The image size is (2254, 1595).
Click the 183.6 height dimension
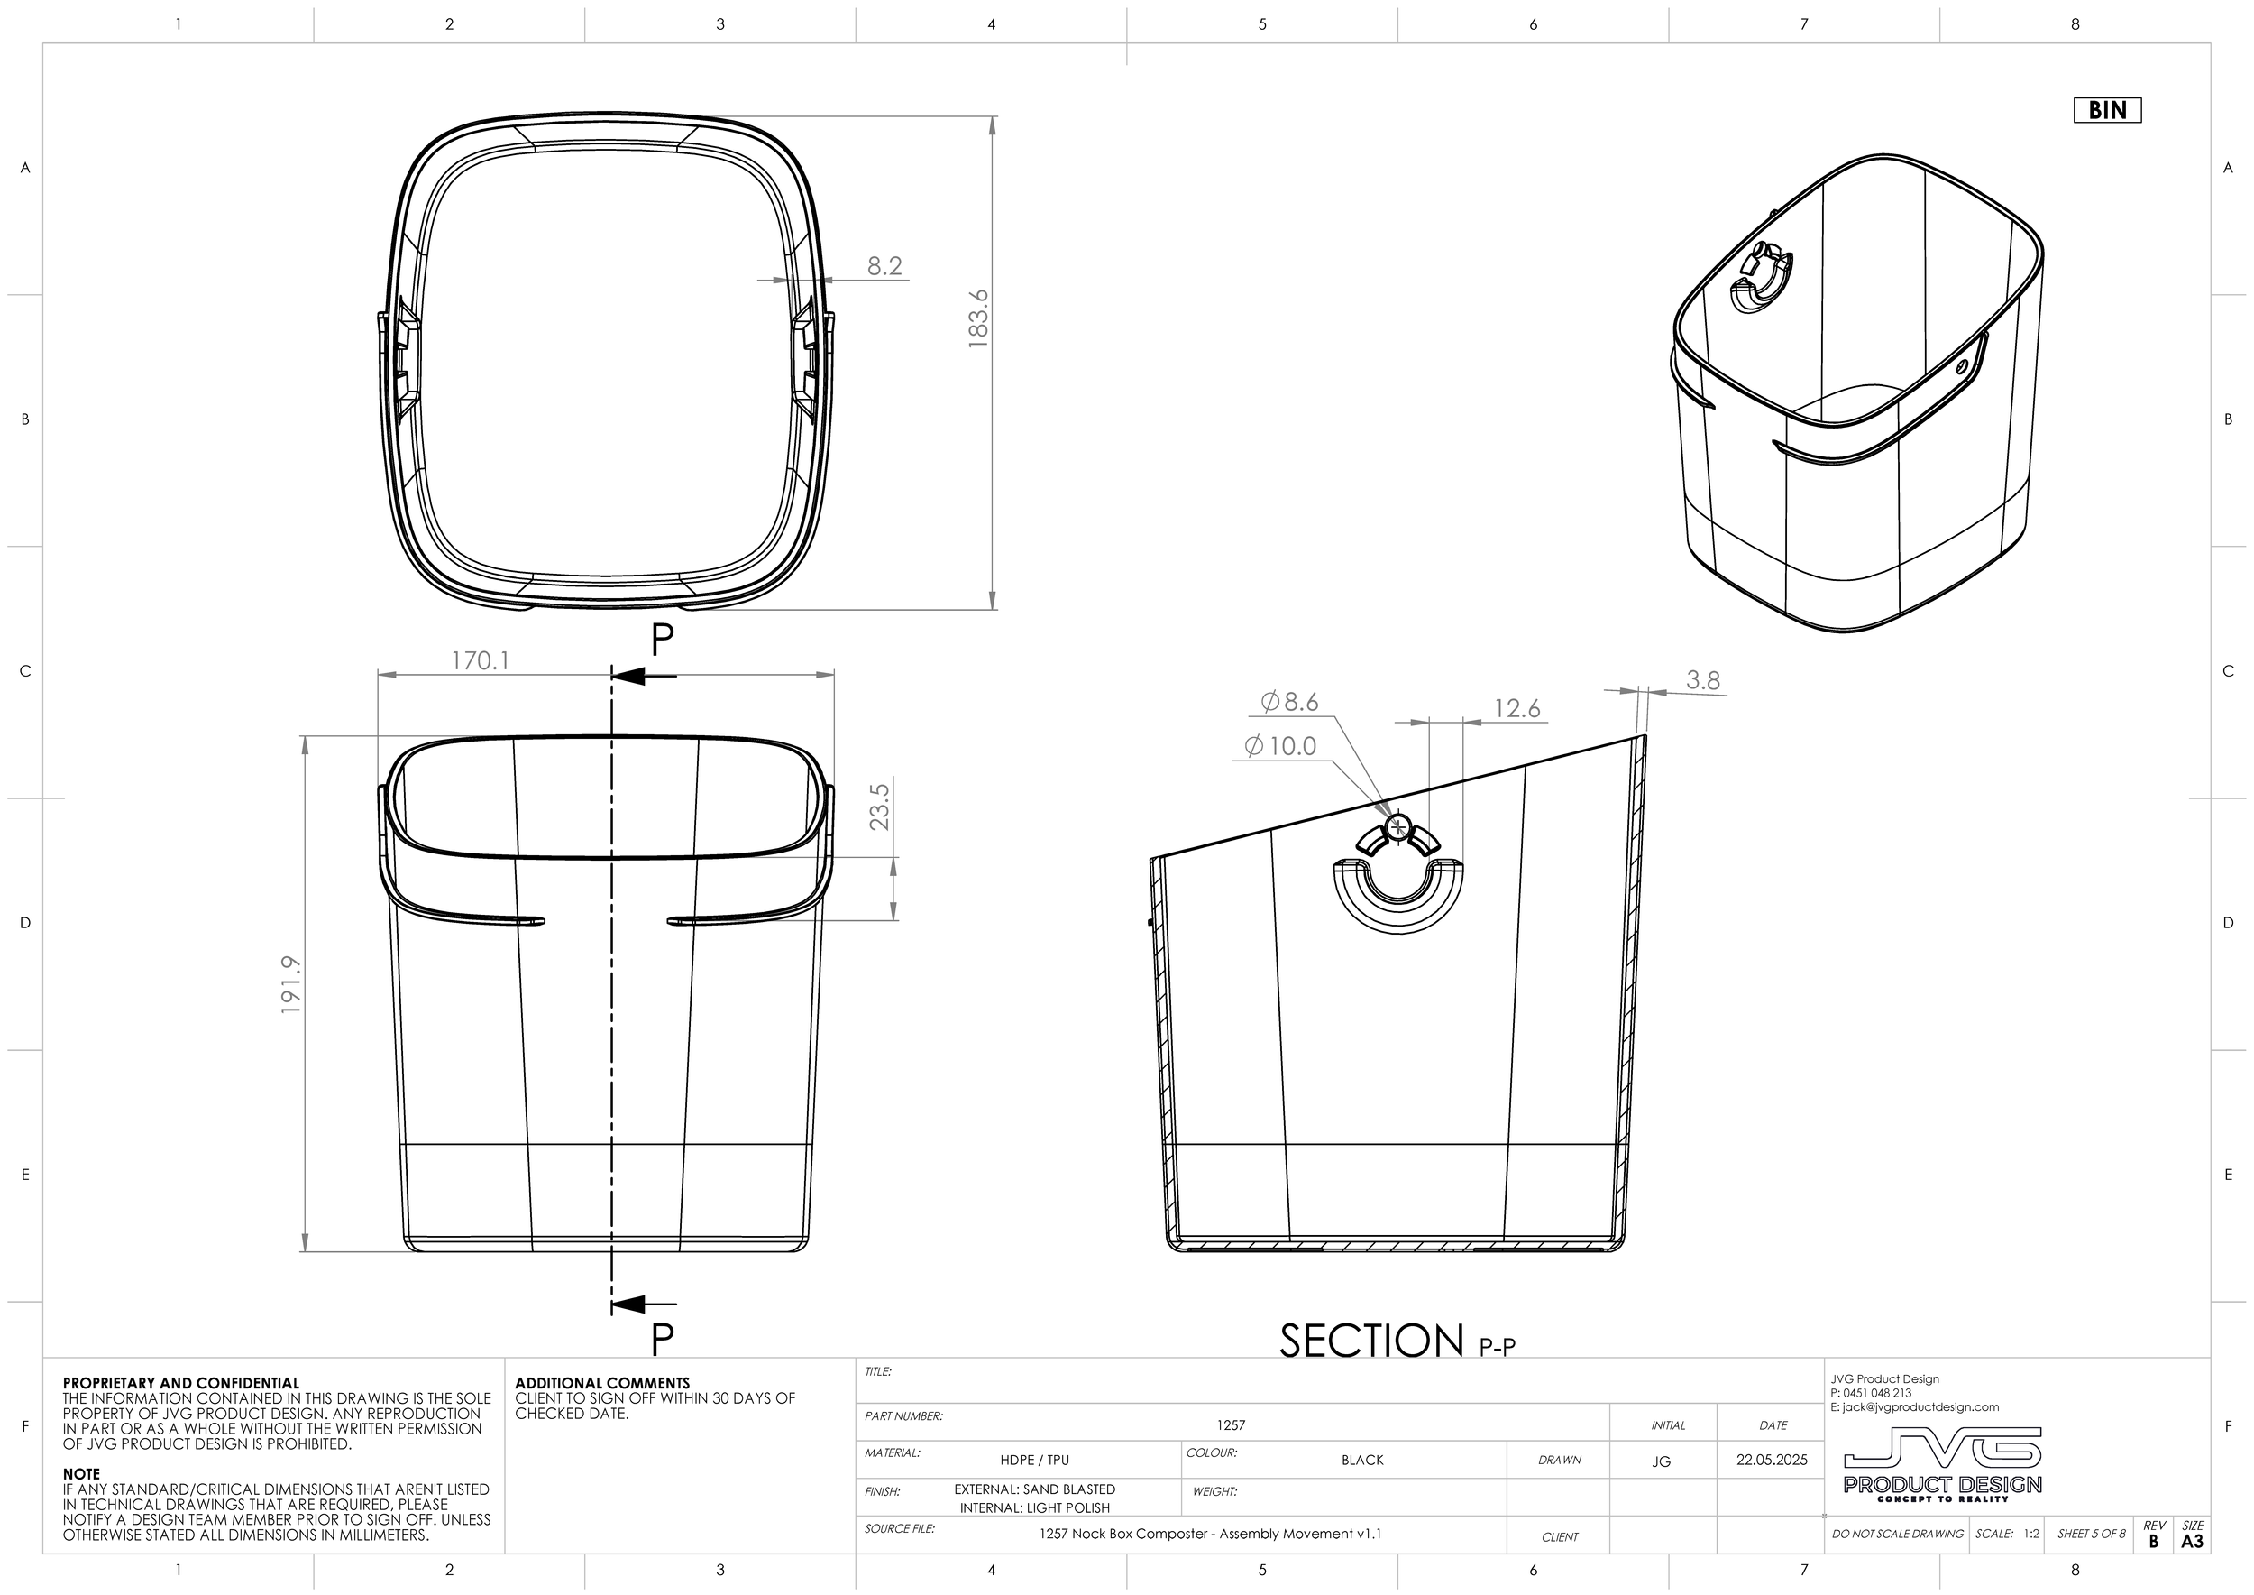[x=977, y=318]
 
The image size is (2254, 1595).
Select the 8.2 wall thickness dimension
[x=884, y=266]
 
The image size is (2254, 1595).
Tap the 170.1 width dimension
[x=480, y=661]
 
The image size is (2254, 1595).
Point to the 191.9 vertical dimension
[x=291, y=985]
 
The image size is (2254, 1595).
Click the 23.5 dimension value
[x=880, y=806]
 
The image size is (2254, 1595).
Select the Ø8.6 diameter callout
[x=1289, y=701]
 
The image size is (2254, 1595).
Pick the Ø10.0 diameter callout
[x=1280, y=746]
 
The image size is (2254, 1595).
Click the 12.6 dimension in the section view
[x=1516, y=708]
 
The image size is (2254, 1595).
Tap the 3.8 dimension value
[x=1702, y=679]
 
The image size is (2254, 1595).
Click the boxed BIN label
[x=2107, y=110]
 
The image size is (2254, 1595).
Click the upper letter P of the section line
[x=663, y=641]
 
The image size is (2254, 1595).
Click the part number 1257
[x=1230, y=1425]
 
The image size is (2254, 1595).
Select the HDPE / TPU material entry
[x=1034, y=1460]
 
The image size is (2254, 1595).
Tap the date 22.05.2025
[x=1771, y=1460]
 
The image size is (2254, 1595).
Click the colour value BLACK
[x=1361, y=1460]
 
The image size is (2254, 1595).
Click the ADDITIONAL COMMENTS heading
[x=601, y=1383]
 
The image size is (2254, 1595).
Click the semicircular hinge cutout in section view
[x=1398, y=896]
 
